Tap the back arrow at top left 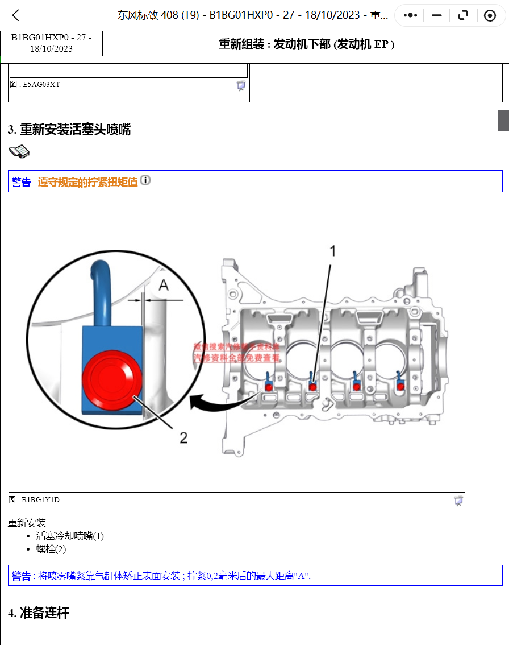(x=16, y=15)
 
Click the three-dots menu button (x=410, y=15)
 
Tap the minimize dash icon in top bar (x=436, y=15)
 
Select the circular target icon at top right (x=490, y=15)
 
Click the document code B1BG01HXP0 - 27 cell (x=51, y=43)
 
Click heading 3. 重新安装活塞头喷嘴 (x=69, y=130)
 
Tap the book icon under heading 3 (x=19, y=151)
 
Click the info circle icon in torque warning (x=145, y=180)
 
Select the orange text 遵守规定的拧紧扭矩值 (x=88, y=182)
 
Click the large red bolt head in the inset (x=110, y=379)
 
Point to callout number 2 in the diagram (x=183, y=437)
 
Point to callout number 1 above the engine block (x=333, y=251)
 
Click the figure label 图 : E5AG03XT (x=35, y=85)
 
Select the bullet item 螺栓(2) (x=51, y=549)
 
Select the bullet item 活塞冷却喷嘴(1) (x=70, y=536)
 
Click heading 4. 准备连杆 (x=39, y=613)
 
